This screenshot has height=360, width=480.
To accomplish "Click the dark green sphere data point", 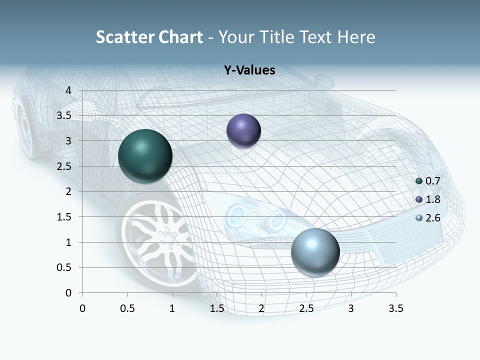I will (x=145, y=155).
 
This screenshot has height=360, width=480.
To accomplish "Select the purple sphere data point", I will (x=243, y=130).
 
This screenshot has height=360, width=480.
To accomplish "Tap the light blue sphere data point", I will (x=315, y=251).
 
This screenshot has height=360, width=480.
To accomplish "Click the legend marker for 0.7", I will (x=419, y=181).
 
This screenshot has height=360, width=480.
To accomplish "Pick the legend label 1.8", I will (x=432, y=199).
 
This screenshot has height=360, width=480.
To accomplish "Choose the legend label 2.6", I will (x=432, y=218).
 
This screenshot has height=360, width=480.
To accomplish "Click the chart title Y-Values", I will (x=249, y=70).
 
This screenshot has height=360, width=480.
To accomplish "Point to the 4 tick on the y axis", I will (x=69, y=90).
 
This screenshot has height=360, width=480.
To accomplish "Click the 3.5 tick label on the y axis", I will (x=64, y=115).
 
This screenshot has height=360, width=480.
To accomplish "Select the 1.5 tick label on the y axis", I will (x=64, y=217).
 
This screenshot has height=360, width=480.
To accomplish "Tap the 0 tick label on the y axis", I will (x=69, y=293).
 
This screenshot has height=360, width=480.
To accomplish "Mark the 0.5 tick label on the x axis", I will (x=127, y=308).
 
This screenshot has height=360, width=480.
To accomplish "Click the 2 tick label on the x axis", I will (x=261, y=308).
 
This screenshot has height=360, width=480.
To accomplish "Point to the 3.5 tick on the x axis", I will (x=395, y=308).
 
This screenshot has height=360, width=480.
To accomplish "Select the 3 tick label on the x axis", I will (x=351, y=308).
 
